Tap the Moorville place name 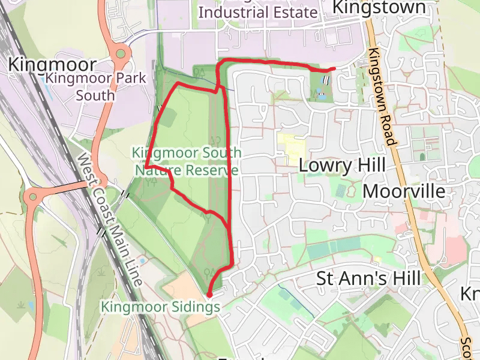pos(404,191)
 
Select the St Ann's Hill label pos(368,278)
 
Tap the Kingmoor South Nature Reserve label pos(187,162)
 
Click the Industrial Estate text pos(257,12)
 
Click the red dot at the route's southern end pos(209,295)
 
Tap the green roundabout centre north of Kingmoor pos(121,55)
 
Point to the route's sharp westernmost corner pos(146,167)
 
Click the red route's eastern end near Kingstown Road pos(334,69)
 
